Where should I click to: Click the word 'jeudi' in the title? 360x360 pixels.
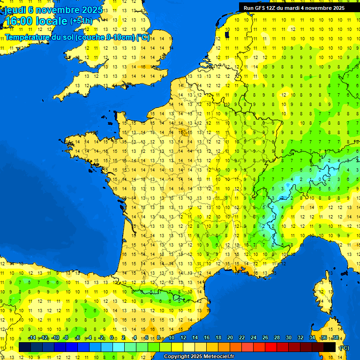pos(15,10)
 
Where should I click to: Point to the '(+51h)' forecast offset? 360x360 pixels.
pos(81,21)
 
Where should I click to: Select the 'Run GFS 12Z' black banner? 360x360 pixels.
pos(294,7)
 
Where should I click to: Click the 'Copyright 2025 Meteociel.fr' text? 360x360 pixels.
pos(199,356)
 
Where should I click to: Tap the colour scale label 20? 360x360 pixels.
pos(230,337)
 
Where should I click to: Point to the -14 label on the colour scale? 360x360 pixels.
pos(32,337)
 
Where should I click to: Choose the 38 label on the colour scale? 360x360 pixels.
pos(336,337)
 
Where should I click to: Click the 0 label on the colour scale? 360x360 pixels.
pos(112,337)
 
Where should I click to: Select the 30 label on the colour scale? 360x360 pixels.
pos(289,337)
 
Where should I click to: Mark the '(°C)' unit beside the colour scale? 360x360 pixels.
pos(344,347)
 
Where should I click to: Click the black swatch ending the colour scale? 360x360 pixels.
pos(330,347)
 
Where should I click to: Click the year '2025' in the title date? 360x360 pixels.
pos(89,10)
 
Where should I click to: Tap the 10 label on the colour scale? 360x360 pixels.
pos(171,337)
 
